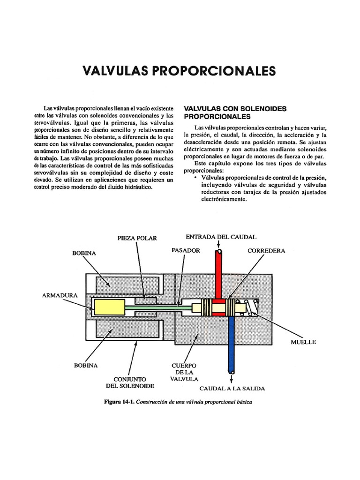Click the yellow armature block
108,308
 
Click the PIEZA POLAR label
137,238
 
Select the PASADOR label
186,251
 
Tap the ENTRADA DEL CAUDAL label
221,237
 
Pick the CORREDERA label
266,251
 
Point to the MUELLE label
303,342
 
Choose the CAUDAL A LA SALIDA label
232,389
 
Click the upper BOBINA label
84,253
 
